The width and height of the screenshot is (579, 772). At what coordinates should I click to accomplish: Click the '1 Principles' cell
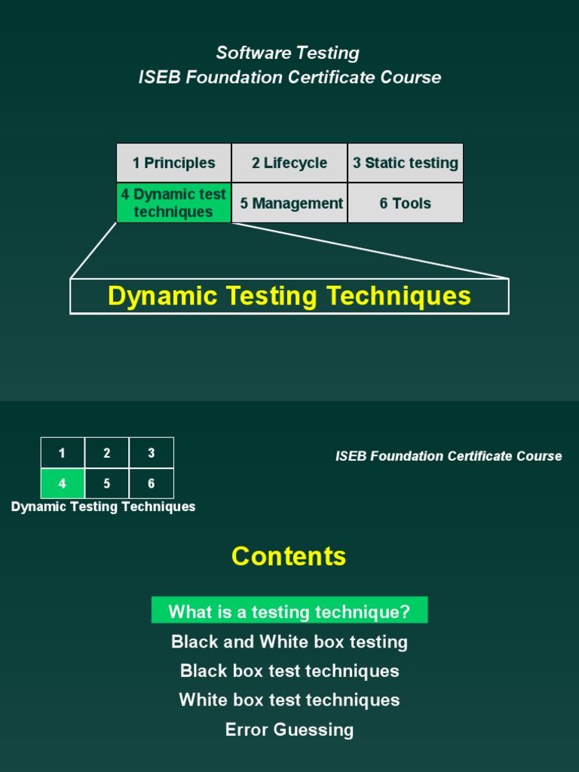[173, 163]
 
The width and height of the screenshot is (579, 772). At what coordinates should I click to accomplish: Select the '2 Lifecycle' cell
[289, 163]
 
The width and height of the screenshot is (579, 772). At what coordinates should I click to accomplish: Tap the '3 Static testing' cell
[406, 163]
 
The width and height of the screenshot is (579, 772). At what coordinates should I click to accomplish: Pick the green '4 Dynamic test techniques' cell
[173, 203]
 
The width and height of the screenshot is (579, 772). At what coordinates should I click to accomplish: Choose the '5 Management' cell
[289, 203]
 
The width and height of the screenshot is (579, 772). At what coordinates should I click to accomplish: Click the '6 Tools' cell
[406, 203]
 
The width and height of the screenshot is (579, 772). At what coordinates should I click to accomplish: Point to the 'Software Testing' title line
[287, 53]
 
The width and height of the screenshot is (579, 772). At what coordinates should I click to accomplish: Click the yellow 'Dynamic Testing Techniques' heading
[289, 296]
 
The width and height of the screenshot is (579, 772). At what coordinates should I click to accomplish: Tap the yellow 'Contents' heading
[289, 556]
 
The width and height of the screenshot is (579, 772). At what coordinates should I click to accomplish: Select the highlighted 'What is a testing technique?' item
[289, 611]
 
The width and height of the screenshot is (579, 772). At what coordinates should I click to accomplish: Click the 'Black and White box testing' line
[289, 642]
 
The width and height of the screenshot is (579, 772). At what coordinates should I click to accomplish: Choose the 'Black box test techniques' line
[289, 671]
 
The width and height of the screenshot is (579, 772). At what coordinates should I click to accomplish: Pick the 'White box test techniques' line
[289, 700]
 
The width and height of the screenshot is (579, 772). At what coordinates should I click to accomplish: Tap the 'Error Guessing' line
[289, 729]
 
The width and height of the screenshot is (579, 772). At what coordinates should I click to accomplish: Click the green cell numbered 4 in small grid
[63, 484]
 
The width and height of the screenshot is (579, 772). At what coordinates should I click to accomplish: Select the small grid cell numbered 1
[63, 453]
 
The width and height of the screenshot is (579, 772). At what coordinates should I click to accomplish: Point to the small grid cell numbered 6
[152, 484]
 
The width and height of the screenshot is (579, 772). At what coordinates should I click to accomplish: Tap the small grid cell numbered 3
[152, 453]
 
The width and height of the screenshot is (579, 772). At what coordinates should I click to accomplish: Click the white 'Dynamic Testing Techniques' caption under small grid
[103, 507]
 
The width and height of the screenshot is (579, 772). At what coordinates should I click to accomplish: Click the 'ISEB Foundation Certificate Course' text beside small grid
[449, 456]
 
